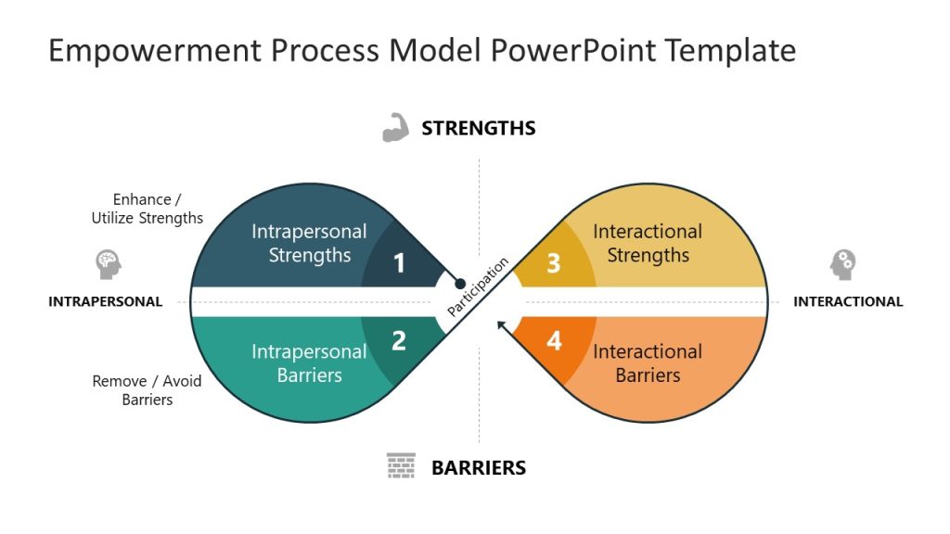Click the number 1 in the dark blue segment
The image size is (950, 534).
pos(399,264)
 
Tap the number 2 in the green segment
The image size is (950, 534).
pos(399,341)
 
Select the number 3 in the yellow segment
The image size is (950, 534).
pos(553,264)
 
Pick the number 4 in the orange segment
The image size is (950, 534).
pos(554,341)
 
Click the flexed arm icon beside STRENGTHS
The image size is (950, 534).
pos(396,128)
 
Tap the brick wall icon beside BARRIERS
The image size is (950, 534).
pos(401,465)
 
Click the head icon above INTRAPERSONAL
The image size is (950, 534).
pos(109,264)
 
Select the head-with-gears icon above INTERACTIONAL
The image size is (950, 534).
pos(842,264)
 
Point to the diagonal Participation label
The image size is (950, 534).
pos(478,287)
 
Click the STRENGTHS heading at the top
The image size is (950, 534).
pos(478,129)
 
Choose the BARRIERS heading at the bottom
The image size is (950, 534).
pos(478,468)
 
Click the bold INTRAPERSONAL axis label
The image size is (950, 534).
pos(105,301)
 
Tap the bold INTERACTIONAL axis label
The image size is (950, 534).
pos(848,301)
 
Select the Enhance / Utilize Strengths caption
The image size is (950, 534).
pos(147,209)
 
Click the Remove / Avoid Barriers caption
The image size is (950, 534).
pos(147,390)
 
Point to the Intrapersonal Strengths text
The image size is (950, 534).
pos(309,243)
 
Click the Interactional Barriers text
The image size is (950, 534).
pos(648,363)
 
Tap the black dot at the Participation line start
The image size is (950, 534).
pos(458,283)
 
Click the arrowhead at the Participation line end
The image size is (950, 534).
pos(502,324)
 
